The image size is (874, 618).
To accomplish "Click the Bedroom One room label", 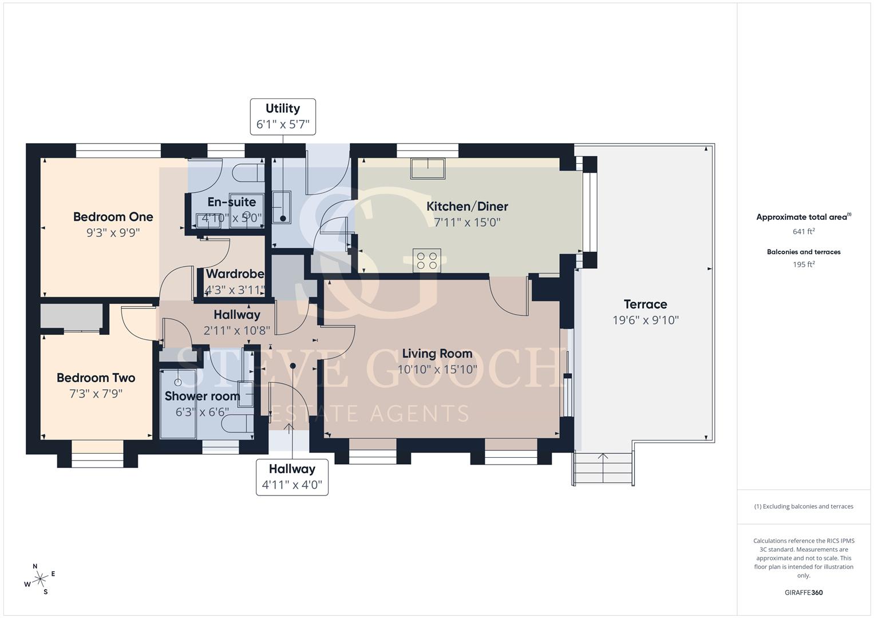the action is (x=113, y=217).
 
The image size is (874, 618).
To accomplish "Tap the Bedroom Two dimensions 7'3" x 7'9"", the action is (x=96, y=394).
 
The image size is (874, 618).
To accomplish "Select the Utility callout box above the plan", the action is (x=283, y=117).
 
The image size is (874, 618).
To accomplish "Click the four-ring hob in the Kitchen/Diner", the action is (x=427, y=260).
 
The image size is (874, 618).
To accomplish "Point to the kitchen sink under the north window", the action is (x=428, y=169).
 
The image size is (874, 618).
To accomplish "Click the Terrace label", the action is (x=646, y=304).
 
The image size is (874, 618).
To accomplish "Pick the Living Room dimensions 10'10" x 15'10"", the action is (x=437, y=370).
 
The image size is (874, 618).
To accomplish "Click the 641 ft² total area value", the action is (x=804, y=231).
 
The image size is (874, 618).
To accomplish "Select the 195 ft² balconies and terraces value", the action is (x=804, y=264).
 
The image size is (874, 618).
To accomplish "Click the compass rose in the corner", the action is (x=40, y=579).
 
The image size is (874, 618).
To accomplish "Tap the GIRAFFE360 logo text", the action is (x=804, y=593).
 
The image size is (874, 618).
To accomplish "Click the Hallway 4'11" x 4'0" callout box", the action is (x=292, y=477).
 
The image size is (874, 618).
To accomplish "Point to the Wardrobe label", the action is (x=235, y=274).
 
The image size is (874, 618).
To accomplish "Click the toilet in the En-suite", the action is (x=248, y=173).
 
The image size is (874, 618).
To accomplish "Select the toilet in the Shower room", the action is (x=239, y=423).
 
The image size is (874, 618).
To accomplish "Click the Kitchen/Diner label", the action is (x=467, y=207).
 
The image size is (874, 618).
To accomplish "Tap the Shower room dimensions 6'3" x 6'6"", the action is (x=202, y=412).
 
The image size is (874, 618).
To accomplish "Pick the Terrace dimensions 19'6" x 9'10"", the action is (x=646, y=320).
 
